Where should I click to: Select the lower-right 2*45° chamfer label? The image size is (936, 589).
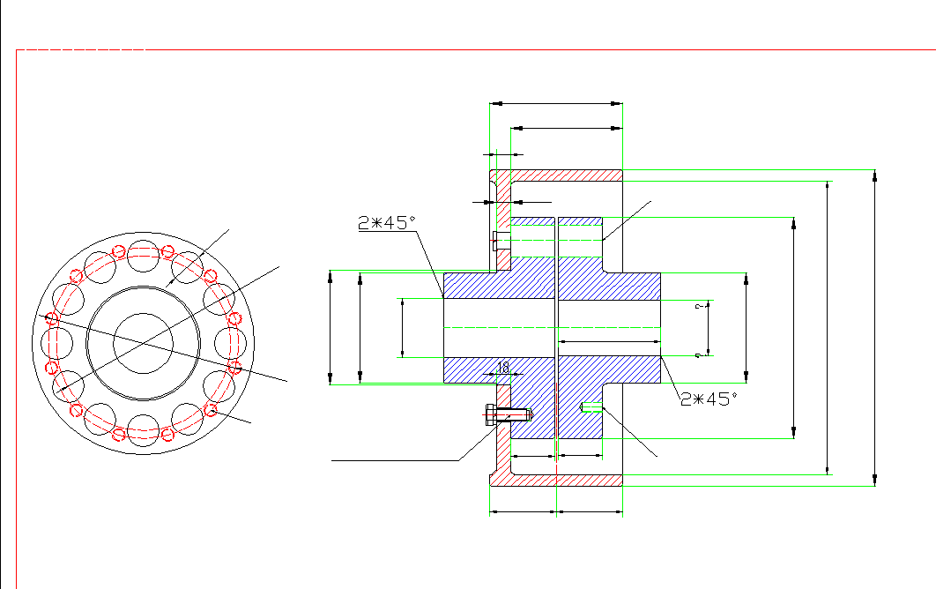click(709, 399)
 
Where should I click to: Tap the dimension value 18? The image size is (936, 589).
click(503, 367)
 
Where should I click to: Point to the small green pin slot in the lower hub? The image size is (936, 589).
click(591, 406)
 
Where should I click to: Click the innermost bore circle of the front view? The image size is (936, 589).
click(142, 341)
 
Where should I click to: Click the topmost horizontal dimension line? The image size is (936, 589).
click(555, 104)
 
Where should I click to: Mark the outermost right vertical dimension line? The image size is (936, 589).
click(874, 326)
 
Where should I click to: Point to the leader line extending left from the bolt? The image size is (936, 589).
click(397, 459)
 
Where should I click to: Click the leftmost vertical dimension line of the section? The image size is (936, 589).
click(330, 327)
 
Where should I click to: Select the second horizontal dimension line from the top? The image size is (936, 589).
click(567, 129)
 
